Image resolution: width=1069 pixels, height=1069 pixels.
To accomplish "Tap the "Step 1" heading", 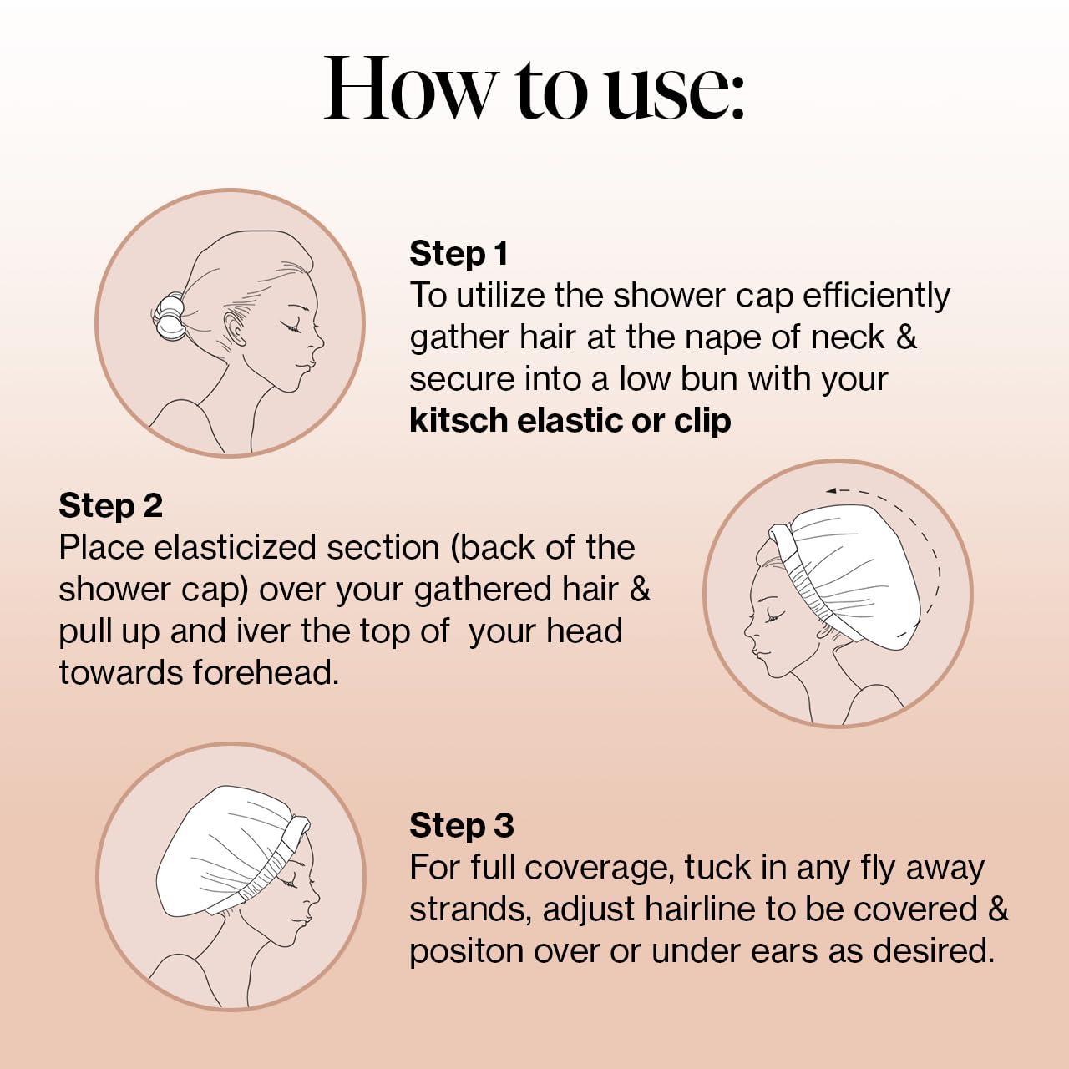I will [x=459, y=253].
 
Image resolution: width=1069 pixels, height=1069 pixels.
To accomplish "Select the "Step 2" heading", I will [x=110, y=505].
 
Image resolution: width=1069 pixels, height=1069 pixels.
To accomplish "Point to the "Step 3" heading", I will [x=461, y=825].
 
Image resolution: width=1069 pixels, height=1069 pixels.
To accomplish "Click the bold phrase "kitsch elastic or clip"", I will [x=570, y=421].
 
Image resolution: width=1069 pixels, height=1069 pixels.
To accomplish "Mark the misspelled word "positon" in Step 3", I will [x=466, y=951].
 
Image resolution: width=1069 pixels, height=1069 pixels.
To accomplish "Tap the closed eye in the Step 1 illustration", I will [x=294, y=327].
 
